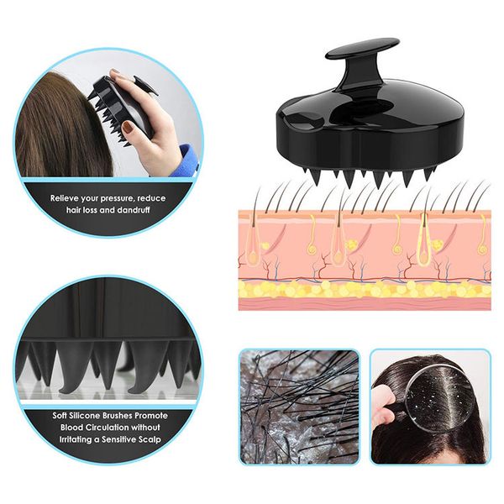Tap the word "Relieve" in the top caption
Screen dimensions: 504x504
[x=64, y=198]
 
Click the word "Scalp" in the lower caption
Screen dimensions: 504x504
[x=149, y=439]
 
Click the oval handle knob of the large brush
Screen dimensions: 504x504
[x=362, y=49]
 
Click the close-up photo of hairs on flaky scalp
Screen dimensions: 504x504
[x=299, y=407]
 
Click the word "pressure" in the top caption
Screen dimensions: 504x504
[x=118, y=198]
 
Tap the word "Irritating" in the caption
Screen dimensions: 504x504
[x=76, y=439]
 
